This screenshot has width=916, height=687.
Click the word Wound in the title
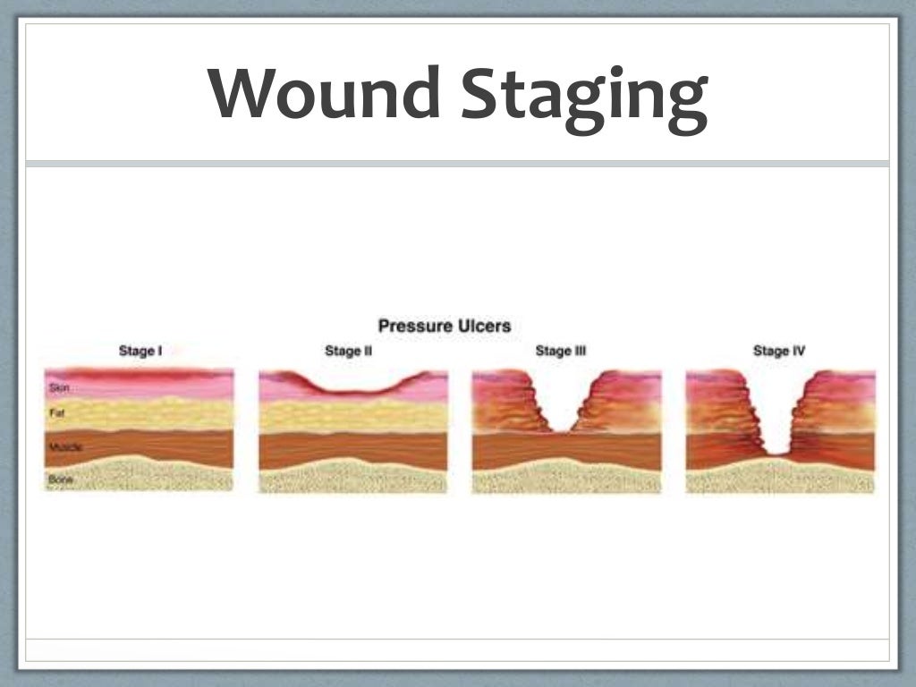tap(326, 93)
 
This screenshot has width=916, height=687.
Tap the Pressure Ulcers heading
tap(444, 326)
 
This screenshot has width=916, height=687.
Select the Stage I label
tap(140, 352)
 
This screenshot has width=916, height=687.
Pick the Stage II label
tap(348, 352)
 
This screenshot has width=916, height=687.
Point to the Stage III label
tap(561, 352)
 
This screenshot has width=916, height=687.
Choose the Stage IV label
tap(778, 352)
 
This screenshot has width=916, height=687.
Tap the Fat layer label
tap(55, 413)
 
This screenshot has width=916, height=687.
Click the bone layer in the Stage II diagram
tap(353, 479)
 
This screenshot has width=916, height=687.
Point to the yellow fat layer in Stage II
tap(353, 415)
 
